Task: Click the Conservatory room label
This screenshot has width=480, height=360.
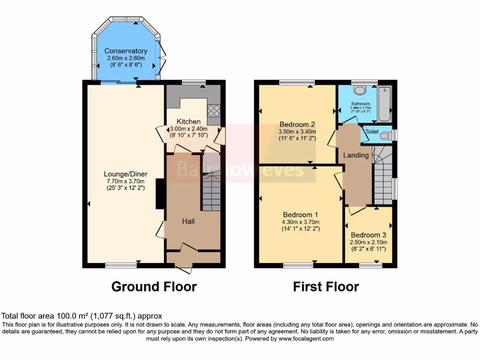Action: [x=126, y=51]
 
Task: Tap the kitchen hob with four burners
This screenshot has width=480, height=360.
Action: [x=214, y=111]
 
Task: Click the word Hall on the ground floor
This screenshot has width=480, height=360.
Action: [x=188, y=221]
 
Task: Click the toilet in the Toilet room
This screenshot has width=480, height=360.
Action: [x=385, y=136]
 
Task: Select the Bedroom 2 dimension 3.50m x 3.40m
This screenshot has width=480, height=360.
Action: [x=297, y=132]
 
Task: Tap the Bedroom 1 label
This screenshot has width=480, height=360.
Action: [x=300, y=214]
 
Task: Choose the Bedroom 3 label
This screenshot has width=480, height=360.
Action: [x=368, y=235]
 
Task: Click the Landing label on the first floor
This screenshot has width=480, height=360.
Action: [x=356, y=155]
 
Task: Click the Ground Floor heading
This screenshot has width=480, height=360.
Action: [x=154, y=286]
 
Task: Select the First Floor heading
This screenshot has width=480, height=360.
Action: [x=326, y=286]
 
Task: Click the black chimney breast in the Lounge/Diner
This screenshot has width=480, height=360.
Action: [x=160, y=194]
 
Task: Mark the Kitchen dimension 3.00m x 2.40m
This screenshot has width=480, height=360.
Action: [x=188, y=129]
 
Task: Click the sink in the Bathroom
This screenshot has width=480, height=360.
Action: [x=360, y=90]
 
